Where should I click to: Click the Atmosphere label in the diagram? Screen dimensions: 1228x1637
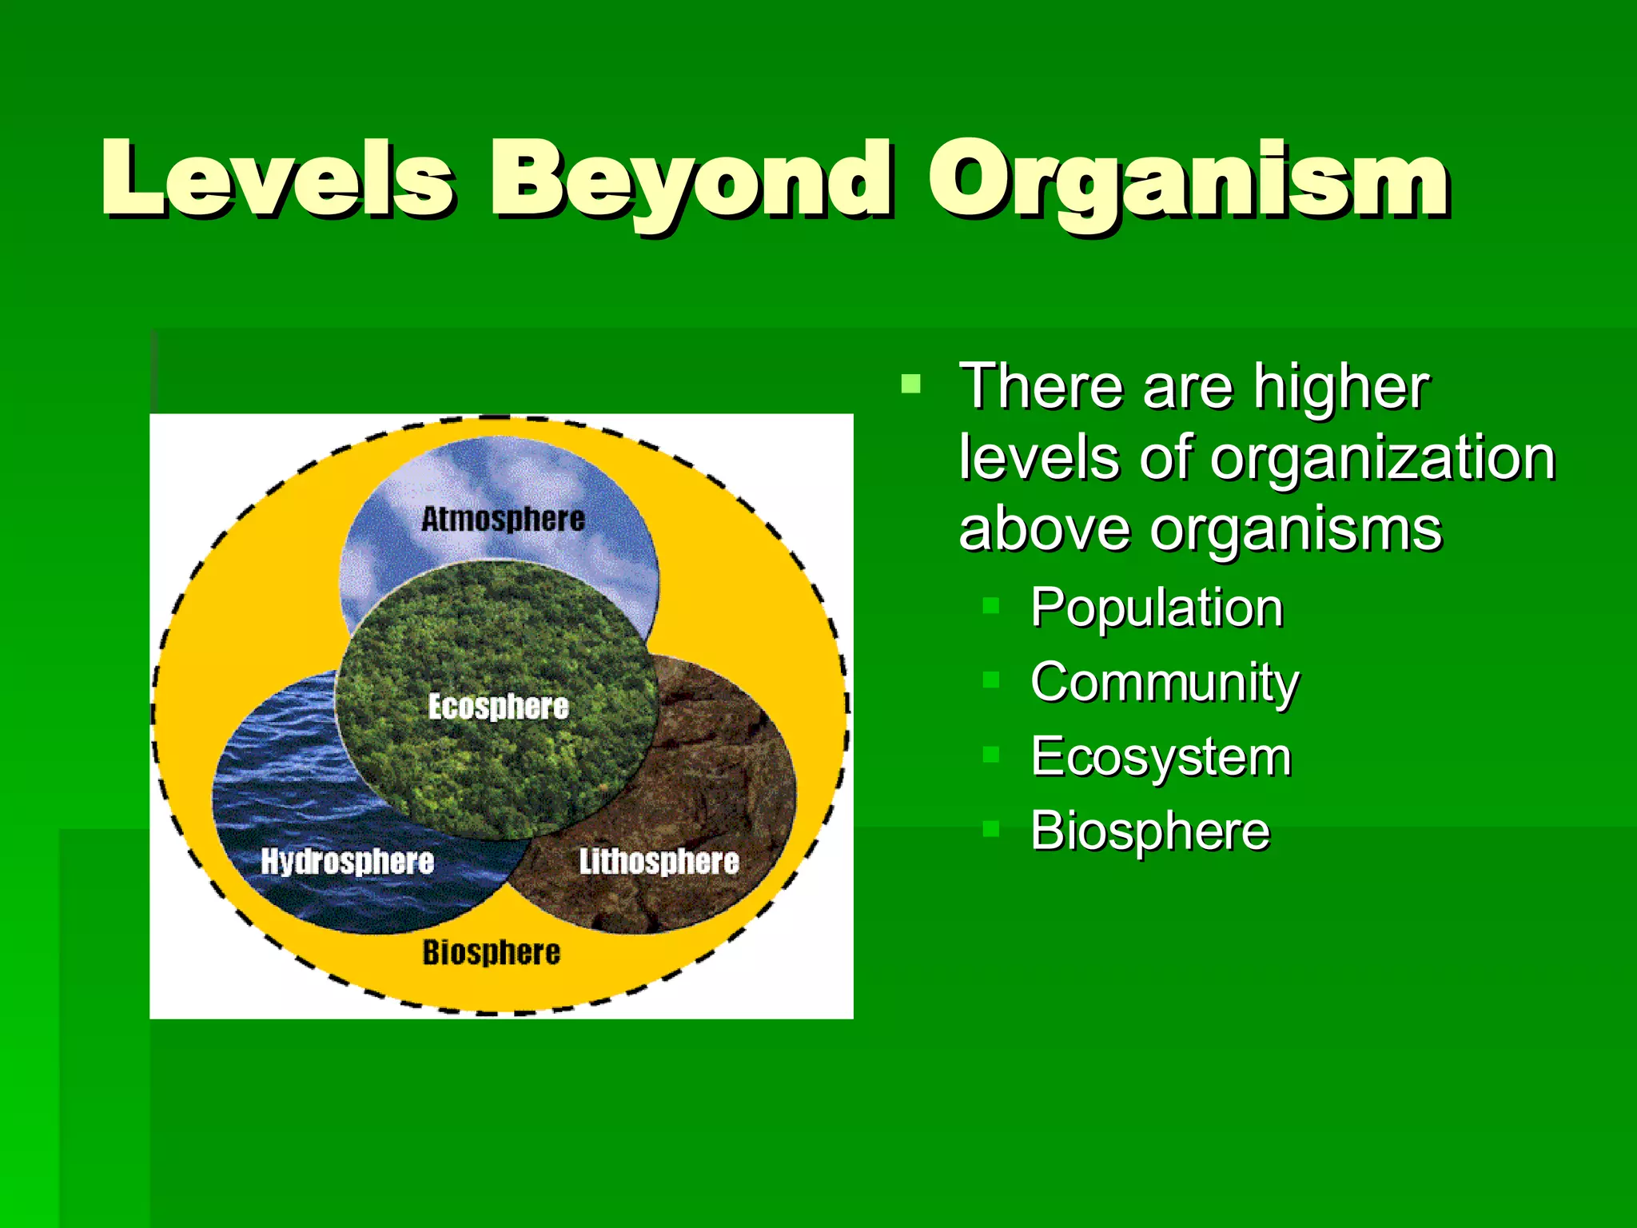tap(503, 519)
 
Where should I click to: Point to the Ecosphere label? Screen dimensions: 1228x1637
tap(498, 707)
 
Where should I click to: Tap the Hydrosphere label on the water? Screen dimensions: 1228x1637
tap(347, 862)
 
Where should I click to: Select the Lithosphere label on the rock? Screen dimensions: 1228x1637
tap(659, 862)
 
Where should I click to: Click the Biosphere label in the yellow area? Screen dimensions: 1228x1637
tap(491, 952)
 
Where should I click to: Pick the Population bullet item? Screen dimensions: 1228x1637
tap(1156, 608)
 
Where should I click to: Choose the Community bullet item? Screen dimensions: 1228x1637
tap(1165, 683)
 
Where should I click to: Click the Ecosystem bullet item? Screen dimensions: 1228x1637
tap(1161, 756)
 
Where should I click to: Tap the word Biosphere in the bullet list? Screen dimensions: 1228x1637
tap(1149, 831)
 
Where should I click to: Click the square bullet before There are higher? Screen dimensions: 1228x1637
tap(910, 385)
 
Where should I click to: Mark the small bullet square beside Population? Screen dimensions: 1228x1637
tap(990, 605)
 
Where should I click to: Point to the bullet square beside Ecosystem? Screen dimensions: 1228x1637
tap(990, 754)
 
